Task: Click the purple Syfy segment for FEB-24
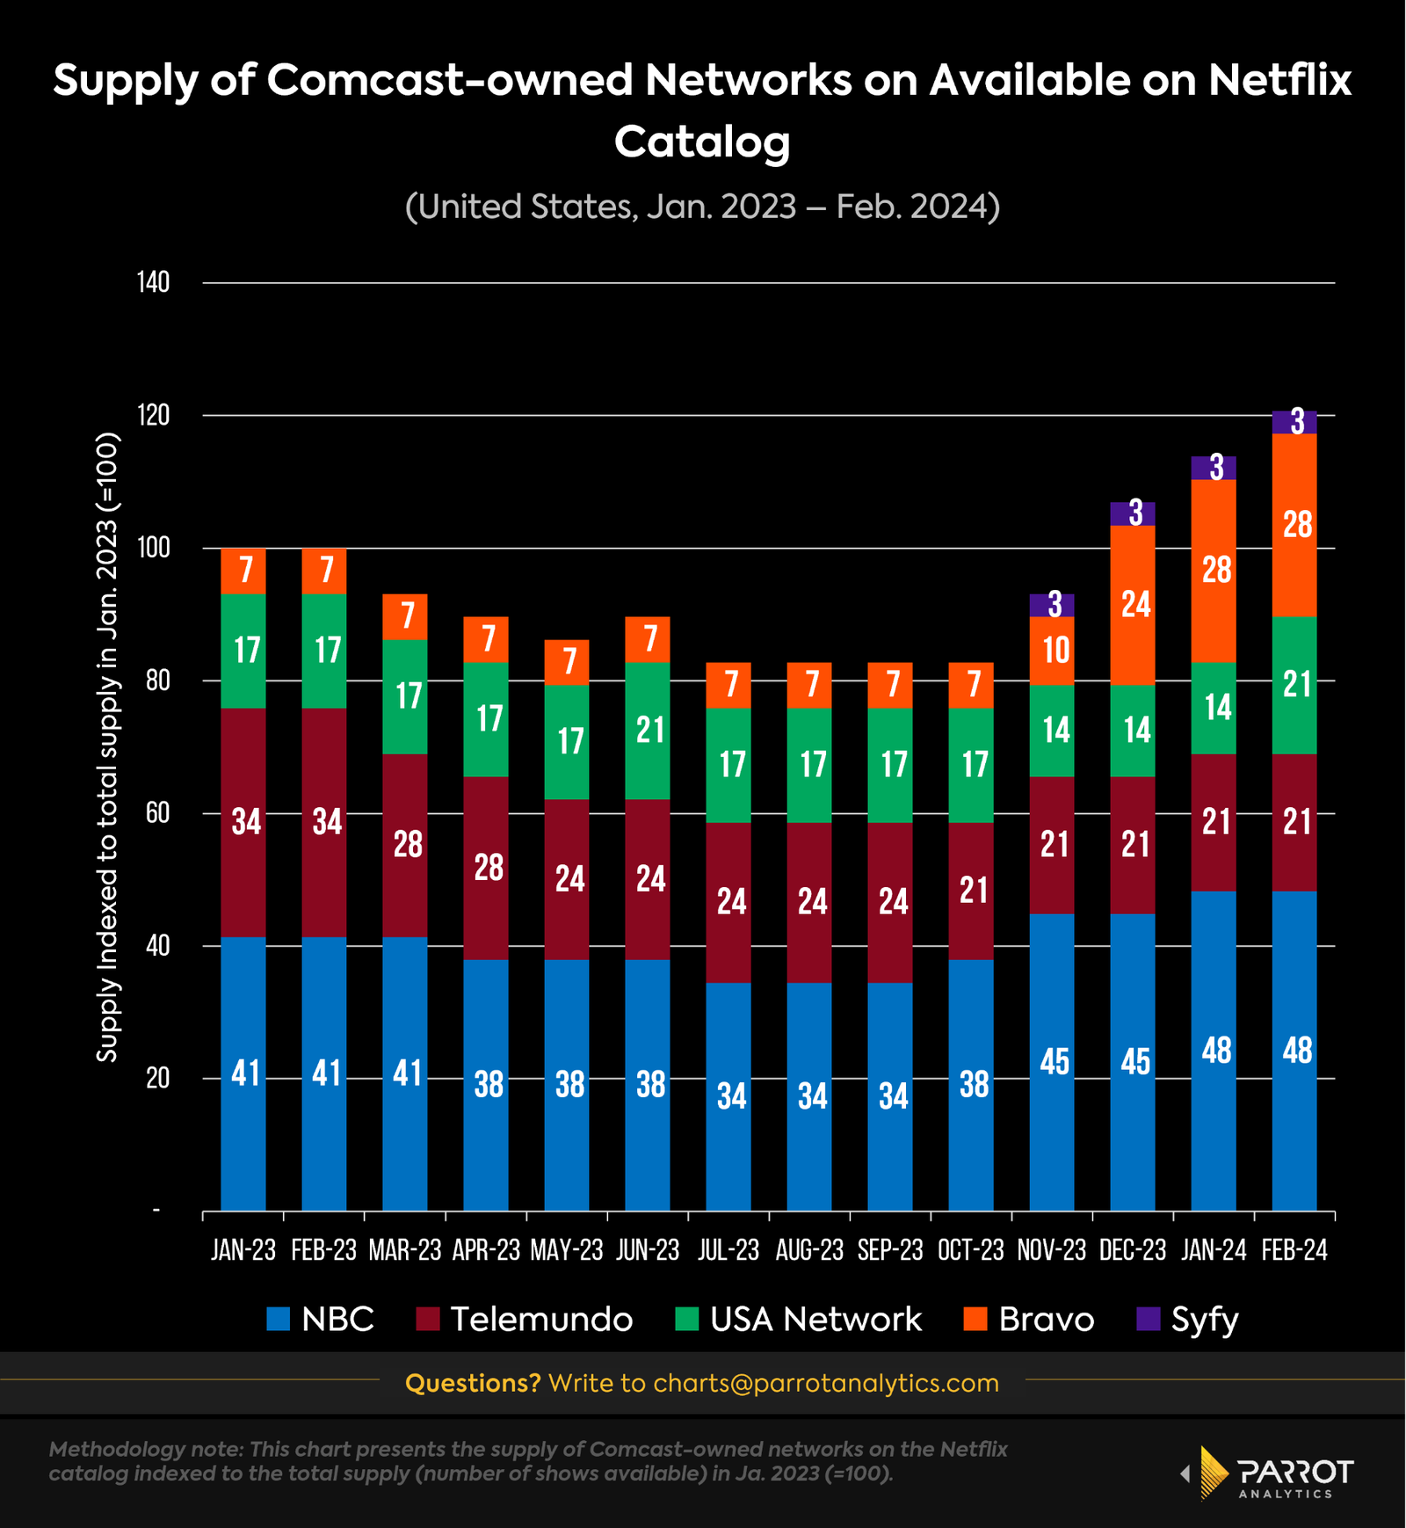point(1294,423)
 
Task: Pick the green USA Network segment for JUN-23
point(648,731)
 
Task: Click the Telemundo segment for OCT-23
point(971,891)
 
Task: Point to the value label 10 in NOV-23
point(1055,651)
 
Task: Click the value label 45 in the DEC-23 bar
point(1135,1062)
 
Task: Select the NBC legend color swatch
point(279,1319)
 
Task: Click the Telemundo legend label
point(541,1319)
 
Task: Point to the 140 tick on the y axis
point(154,283)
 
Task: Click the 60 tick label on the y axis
point(157,813)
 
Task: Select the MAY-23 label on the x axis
point(567,1251)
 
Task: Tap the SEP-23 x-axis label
point(890,1251)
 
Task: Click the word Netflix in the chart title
point(1279,81)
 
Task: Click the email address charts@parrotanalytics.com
point(826,1383)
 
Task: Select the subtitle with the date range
point(702,207)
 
